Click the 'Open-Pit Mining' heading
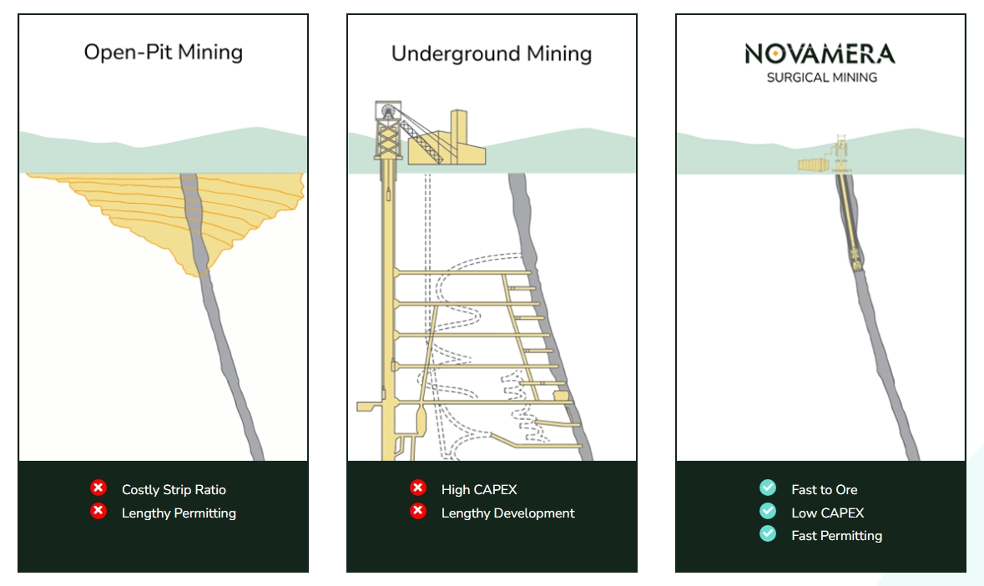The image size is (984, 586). tap(163, 53)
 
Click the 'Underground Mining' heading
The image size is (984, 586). tap(492, 54)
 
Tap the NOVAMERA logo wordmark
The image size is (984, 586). tap(820, 55)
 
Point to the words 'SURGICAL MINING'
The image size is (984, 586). tap(822, 78)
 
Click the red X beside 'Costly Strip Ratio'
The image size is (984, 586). tap(98, 488)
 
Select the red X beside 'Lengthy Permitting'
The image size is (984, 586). tap(98, 512)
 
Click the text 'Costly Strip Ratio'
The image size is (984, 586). tap(174, 490)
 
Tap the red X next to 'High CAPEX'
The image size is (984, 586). tap(418, 488)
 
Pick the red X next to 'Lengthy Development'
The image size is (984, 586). tap(418, 512)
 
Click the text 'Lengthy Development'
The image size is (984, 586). tap(507, 513)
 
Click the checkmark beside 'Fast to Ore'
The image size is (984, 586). tap(768, 488)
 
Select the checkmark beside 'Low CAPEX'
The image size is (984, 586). tap(768, 511)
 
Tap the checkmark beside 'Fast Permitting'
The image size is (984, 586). tap(768, 534)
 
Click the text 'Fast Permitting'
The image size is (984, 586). tap(836, 536)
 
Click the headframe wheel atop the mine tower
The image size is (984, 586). tap(389, 111)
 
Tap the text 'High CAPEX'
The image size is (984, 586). tap(479, 490)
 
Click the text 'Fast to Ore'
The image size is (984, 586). tap(824, 490)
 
